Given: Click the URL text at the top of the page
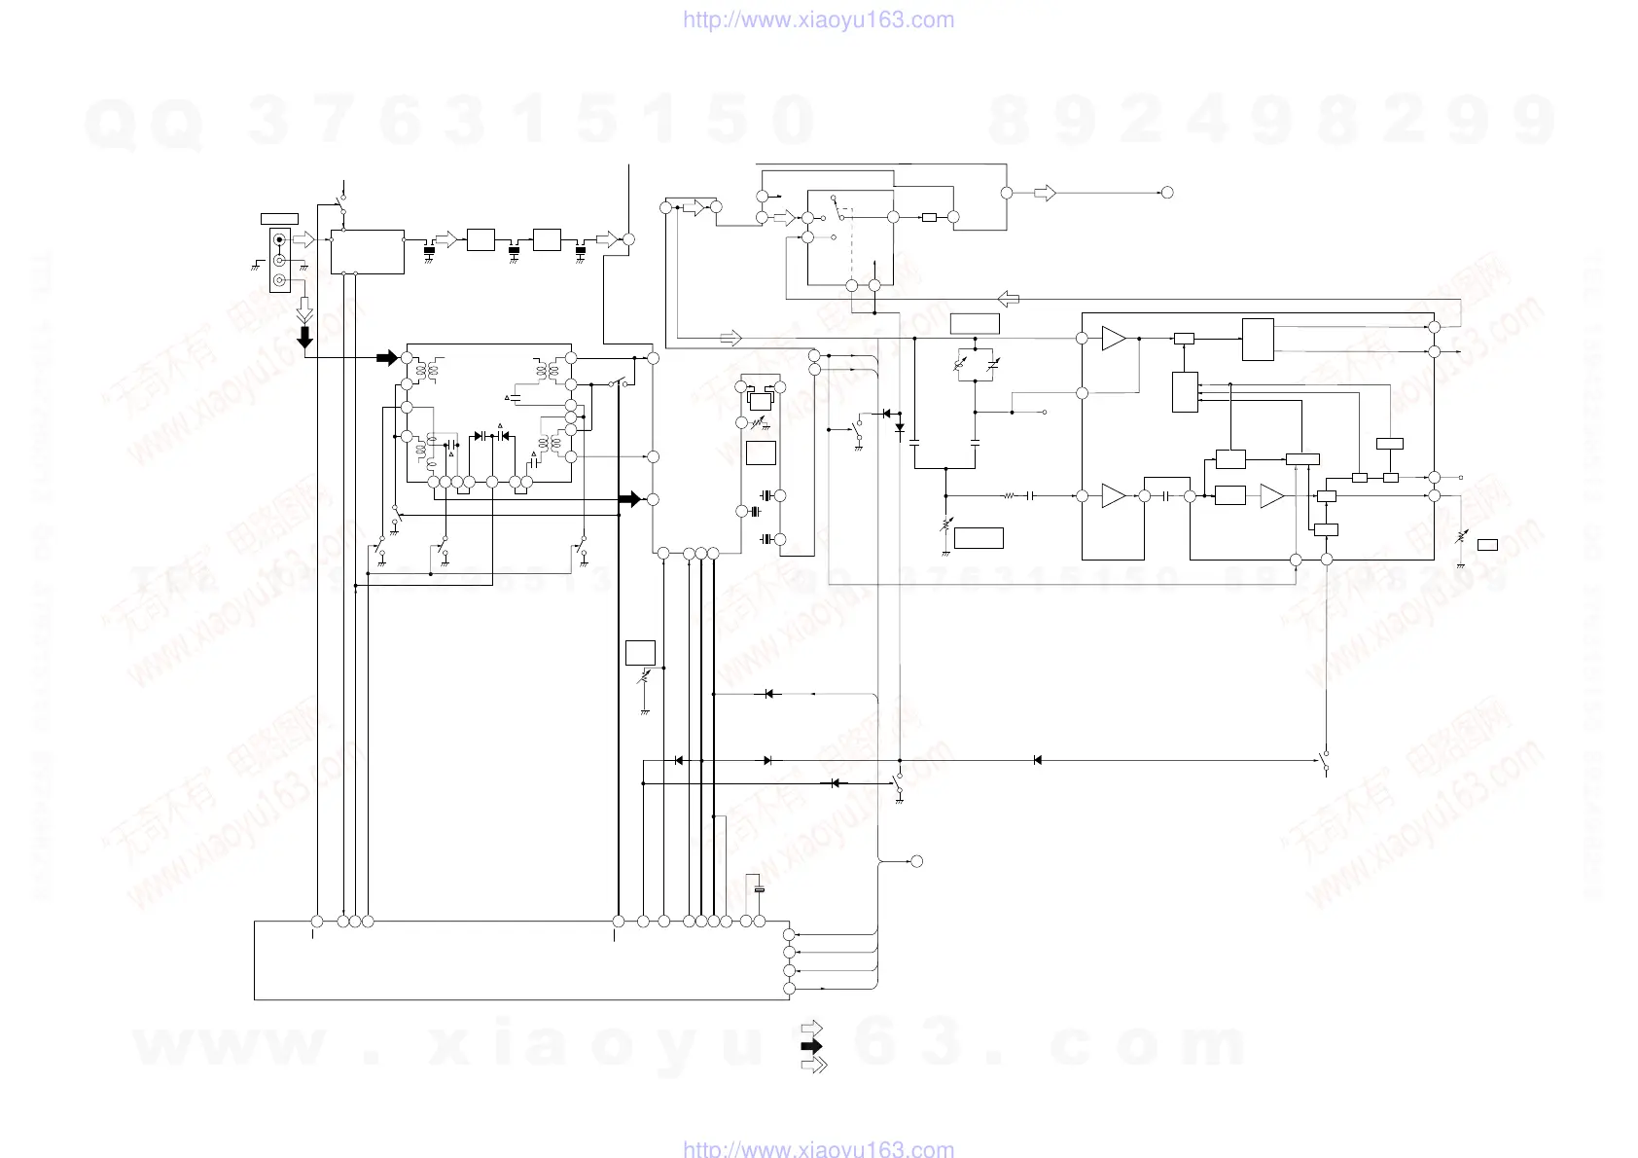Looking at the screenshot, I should [818, 20].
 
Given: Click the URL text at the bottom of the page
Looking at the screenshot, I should [818, 1148].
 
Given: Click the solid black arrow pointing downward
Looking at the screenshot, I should [304, 337].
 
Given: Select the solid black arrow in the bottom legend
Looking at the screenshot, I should [811, 1047].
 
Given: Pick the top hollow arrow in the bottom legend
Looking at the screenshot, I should [811, 1030].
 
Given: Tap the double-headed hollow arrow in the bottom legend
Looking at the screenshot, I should [813, 1065].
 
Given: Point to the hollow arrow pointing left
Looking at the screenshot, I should [1009, 299].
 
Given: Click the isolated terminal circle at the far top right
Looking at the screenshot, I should [1167, 193].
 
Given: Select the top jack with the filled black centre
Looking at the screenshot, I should [280, 239].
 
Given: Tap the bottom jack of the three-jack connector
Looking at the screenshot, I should [280, 281].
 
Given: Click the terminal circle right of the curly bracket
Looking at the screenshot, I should [915, 861].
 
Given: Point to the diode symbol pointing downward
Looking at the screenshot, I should [899, 426].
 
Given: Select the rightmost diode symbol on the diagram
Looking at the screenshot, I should [1038, 760].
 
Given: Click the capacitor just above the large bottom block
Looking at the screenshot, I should [760, 889].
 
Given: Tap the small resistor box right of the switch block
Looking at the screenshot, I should [929, 217].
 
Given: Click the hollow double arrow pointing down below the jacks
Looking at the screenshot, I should [304, 310].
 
